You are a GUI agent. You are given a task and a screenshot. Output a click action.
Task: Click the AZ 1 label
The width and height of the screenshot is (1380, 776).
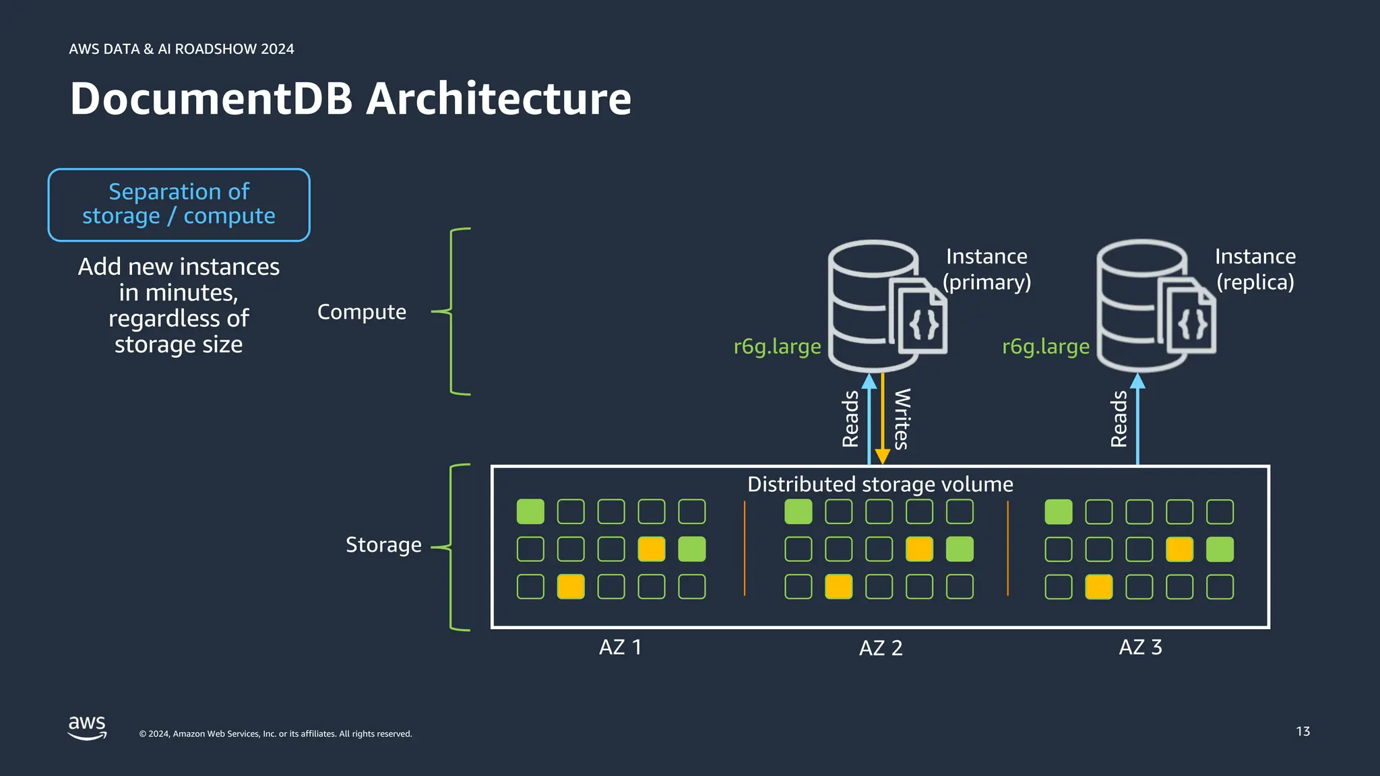coord(620,647)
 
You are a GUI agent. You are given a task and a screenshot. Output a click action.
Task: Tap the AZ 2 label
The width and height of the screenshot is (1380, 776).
coord(880,648)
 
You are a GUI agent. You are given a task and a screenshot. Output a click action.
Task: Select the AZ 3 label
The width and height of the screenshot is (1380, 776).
coord(1140,647)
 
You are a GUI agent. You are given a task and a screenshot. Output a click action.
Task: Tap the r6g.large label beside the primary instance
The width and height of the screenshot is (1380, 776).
coord(777,346)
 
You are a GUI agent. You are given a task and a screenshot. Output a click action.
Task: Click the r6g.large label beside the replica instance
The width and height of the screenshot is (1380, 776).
coord(1045,346)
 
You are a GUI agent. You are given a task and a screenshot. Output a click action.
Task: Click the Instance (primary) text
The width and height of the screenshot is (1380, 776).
coord(986,269)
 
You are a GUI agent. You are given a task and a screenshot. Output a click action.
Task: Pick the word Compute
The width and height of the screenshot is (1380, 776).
coord(362,312)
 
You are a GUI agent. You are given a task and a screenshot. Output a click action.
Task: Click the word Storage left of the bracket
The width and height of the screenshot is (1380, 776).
coord(383,544)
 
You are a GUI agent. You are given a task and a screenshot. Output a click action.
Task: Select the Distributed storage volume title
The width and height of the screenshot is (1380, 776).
coord(880,484)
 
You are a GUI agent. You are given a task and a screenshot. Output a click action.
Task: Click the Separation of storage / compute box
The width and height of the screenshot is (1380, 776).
coord(179,205)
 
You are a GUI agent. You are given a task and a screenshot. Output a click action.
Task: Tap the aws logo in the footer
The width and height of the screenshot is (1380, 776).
coord(88,727)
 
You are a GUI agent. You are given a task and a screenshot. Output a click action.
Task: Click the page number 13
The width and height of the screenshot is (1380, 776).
coord(1303,732)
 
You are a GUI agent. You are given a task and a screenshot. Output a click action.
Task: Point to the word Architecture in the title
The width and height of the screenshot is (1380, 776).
coord(499,99)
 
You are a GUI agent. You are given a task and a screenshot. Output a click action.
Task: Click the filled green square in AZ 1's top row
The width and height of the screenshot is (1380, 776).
coord(530,512)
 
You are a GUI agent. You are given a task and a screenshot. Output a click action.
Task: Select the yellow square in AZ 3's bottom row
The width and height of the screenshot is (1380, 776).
coord(1098,587)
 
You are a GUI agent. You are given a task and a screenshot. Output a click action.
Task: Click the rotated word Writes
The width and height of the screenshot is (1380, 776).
coord(902,419)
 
